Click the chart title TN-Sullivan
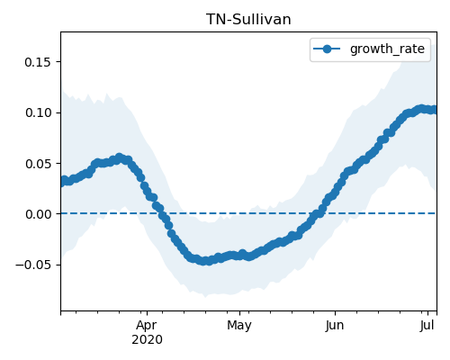point(248,20)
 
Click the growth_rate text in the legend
point(387,49)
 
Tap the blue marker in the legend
point(327,49)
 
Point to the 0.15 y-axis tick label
point(38,62)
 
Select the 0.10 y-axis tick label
point(38,112)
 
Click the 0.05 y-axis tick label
point(38,164)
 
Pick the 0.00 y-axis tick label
point(38,214)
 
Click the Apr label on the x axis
point(147,325)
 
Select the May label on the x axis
point(239,325)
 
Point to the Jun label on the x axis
point(335,325)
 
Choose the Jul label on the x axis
point(427,325)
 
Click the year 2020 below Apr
point(147,339)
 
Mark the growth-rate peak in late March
point(119,157)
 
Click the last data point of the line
point(434,110)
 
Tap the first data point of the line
point(63,182)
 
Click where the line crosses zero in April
point(162,213)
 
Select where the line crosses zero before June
point(318,213)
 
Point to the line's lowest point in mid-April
point(204,261)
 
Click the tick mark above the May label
point(239,313)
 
